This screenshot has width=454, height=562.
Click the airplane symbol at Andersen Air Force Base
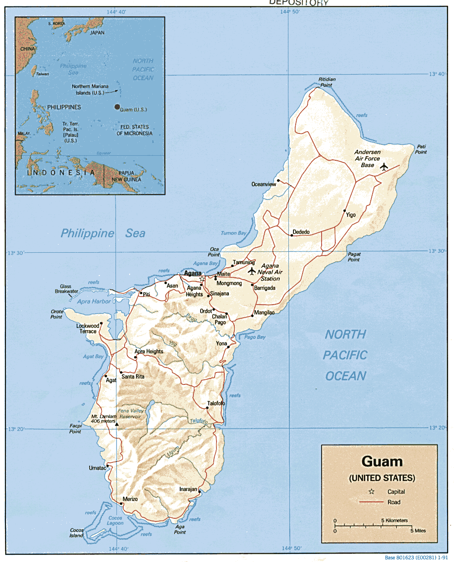pyautogui.click(x=384, y=167)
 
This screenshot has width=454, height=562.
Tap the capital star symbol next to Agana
pyautogui.click(x=202, y=279)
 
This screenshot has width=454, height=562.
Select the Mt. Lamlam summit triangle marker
pyautogui.click(x=117, y=424)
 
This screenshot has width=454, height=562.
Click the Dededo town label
pyautogui.click(x=301, y=232)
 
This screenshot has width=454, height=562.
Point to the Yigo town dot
pyautogui.click(x=344, y=211)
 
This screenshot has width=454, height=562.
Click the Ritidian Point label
pyautogui.click(x=327, y=82)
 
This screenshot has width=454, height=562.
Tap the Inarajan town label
pyautogui.click(x=188, y=489)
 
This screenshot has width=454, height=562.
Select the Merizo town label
pyautogui.click(x=130, y=499)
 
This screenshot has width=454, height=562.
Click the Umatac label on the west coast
pyautogui.click(x=97, y=468)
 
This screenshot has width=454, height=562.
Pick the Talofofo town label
pyautogui.click(x=216, y=403)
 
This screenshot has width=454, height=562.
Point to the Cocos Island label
pyautogui.click(x=76, y=532)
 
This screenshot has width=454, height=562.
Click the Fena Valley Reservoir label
pyautogui.click(x=130, y=414)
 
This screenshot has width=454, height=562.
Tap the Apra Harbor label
pyautogui.click(x=94, y=301)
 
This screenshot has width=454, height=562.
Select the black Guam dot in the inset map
pyautogui.click(x=117, y=107)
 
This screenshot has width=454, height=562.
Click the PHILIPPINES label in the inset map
pyautogui.click(x=64, y=107)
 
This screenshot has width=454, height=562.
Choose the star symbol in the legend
pyautogui.click(x=371, y=491)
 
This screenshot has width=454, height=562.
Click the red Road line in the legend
pyautogui.click(x=371, y=502)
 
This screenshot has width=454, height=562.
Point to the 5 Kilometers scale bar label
pyautogui.click(x=394, y=520)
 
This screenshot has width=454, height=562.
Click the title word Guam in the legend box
pyautogui.click(x=382, y=461)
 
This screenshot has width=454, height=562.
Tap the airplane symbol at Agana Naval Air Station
pyautogui.click(x=252, y=271)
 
